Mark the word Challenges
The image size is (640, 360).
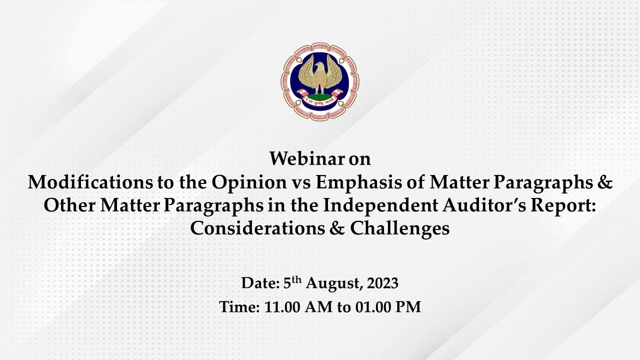[x=399, y=228]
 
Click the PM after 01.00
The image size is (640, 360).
[x=408, y=306]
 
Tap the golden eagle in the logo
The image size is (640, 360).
[x=320, y=75]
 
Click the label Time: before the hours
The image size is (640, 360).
[x=237, y=306]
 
